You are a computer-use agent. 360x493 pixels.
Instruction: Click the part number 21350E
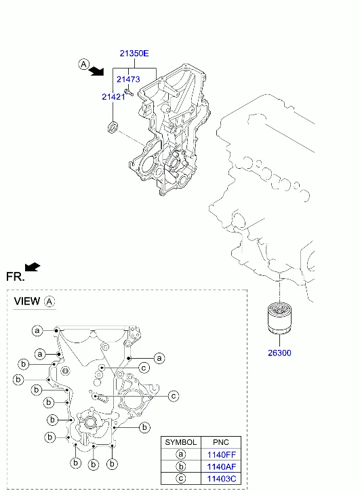[x=134, y=54]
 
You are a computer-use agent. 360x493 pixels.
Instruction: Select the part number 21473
[x=128, y=79]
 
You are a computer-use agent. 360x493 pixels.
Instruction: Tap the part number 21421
[x=113, y=97]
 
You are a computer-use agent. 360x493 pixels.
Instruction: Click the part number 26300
[x=279, y=353]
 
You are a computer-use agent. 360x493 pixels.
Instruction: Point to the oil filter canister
[x=279, y=318]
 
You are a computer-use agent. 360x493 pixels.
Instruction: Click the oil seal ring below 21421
[x=113, y=126]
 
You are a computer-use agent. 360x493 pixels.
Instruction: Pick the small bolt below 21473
[x=129, y=92]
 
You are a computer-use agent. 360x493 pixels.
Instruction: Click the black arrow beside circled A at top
[x=96, y=72]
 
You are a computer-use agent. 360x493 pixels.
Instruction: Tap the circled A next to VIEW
[x=49, y=302]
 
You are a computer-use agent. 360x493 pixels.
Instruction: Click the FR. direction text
[x=15, y=277]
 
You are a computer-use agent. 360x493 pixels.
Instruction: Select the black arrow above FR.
[x=33, y=267]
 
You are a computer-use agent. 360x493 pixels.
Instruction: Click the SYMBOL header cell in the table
[x=181, y=442]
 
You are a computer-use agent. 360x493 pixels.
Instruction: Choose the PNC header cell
[x=221, y=442]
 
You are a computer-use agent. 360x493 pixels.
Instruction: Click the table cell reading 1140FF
[x=221, y=454]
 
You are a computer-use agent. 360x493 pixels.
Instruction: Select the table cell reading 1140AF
[x=221, y=467]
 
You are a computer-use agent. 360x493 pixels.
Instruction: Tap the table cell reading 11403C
[x=221, y=479]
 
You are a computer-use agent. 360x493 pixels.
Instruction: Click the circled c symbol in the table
[x=181, y=479]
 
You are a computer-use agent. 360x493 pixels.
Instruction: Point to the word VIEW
[x=27, y=301]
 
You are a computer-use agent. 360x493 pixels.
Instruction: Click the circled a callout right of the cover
[x=159, y=358]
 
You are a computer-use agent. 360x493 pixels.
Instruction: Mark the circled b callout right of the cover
[x=144, y=427]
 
